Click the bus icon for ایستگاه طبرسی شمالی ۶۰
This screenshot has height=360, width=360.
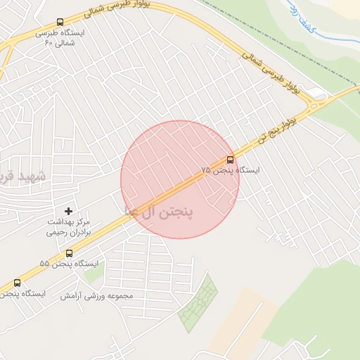[59, 22]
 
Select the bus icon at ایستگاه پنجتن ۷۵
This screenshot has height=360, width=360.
[230, 160]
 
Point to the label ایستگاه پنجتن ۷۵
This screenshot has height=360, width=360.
[230, 171]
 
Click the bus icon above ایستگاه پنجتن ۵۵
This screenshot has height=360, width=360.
[69, 253]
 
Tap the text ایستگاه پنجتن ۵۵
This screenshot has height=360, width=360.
[64, 264]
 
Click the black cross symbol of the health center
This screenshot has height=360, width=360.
[69, 211]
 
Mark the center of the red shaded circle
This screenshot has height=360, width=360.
[179, 179]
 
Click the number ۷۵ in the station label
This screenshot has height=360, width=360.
[206, 171]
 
